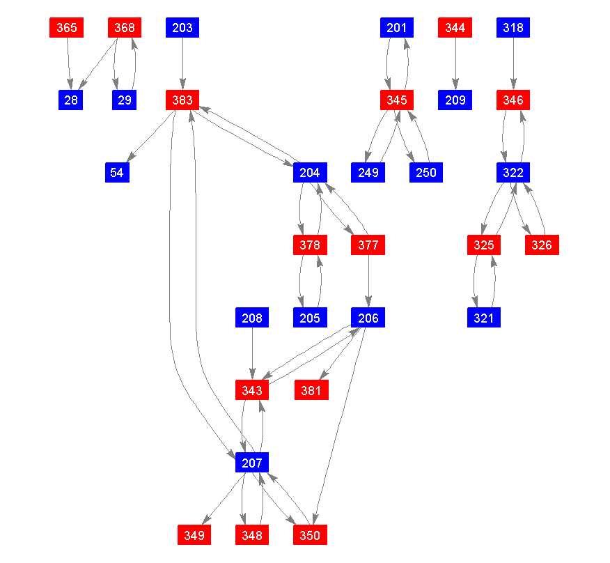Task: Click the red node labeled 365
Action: click(x=67, y=28)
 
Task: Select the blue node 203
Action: click(x=182, y=28)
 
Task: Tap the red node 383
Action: click(x=182, y=100)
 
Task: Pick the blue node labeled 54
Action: click(x=116, y=173)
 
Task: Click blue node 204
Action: click(x=310, y=173)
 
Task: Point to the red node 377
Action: click(x=368, y=245)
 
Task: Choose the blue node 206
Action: click(x=368, y=318)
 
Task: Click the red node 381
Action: click(x=311, y=390)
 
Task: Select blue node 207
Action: click(x=252, y=463)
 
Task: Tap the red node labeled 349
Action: click(x=194, y=535)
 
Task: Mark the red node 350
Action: click(x=310, y=535)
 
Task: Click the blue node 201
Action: click(x=397, y=28)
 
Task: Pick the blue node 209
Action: click(x=455, y=100)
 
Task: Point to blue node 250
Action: click(x=426, y=173)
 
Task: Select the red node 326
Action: click(x=542, y=245)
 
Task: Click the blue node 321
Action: click(x=483, y=318)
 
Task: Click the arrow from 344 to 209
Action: click(x=455, y=64)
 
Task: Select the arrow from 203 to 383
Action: click(x=182, y=64)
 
